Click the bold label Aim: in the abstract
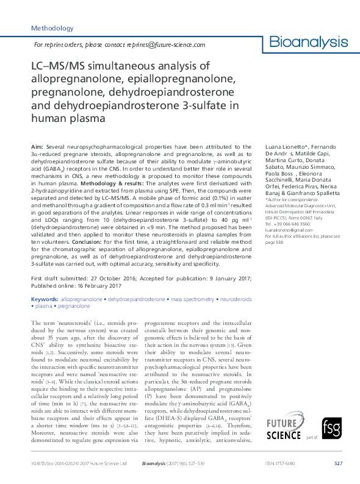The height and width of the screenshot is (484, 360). point(37,148)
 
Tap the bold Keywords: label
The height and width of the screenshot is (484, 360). point(45,299)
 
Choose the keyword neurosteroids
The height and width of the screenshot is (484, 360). point(236,299)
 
